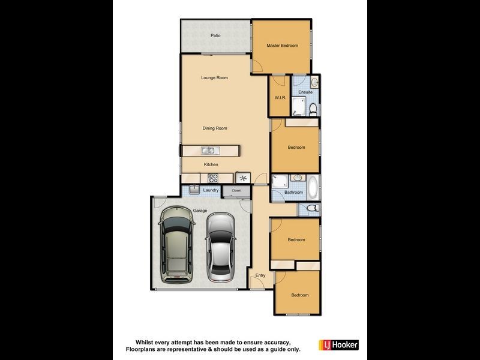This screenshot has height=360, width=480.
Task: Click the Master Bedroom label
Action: point(282,46)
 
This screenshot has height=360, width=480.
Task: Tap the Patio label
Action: point(215,35)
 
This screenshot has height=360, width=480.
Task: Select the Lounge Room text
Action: point(214,77)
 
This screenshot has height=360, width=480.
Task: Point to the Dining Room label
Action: point(214,128)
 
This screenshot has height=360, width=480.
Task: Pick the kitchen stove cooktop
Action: point(213,178)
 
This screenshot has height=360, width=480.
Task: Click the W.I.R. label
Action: point(279,97)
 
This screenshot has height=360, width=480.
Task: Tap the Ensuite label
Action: point(305,92)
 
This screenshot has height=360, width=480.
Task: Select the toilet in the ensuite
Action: point(313,109)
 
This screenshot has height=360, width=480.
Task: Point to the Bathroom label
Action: point(293,193)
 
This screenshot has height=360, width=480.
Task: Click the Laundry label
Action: point(211,190)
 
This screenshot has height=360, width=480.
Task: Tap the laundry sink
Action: point(194,190)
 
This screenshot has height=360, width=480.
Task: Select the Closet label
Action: point(236,191)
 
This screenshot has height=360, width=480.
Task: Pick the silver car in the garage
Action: point(220,246)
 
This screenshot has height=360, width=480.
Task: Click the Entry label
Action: point(260,275)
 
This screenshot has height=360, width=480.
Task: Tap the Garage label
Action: point(200,211)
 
